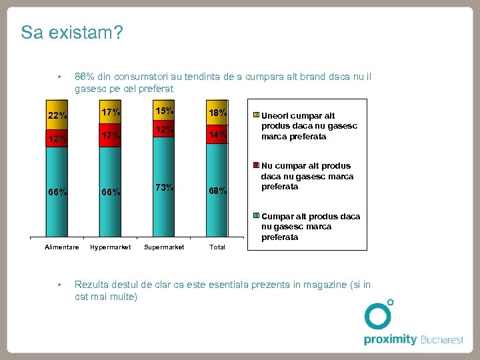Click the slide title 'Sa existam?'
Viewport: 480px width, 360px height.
click(71, 33)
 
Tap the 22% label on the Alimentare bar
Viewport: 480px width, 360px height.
click(57, 115)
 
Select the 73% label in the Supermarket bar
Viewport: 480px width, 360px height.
click(164, 187)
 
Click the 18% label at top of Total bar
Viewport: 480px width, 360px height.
click(217, 113)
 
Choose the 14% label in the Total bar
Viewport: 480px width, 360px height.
click(217, 135)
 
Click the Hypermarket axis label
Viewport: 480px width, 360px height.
click(111, 247)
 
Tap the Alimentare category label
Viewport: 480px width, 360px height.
click(61, 247)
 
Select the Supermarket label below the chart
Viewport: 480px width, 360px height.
click(164, 247)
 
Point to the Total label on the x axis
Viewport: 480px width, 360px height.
click(217, 247)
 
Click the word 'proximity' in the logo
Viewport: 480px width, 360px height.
click(390, 339)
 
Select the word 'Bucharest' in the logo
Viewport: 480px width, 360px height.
click(442, 339)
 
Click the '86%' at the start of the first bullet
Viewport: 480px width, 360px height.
click(85, 77)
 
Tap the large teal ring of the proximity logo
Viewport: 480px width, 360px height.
click(377, 316)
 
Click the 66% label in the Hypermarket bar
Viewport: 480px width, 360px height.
click(111, 193)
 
